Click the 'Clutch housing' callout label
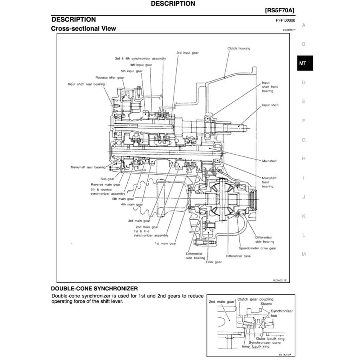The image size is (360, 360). pyautogui.click(x=239, y=48)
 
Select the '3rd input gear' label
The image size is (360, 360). pyautogui.click(x=187, y=53)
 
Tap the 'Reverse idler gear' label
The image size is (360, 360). pyautogui.click(x=110, y=77)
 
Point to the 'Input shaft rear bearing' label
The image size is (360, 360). pyautogui.click(x=86, y=84)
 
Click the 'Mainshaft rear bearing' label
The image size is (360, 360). pyautogui.click(x=88, y=167)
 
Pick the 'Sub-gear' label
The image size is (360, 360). pyautogui.click(x=107, y=179)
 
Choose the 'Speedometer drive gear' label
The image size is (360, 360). pyautogui.click(x=257, y=248)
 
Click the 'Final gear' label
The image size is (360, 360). pyautogui.click(x=213, y=262)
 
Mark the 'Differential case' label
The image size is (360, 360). pyautogui.click(x=238, y=256)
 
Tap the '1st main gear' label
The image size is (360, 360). pyautogui.click(x=166, y=243)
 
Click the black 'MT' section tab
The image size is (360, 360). pyautogui.click(x=303, y=63)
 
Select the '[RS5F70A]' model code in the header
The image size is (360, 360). pyautogui.click(x=279, y=11)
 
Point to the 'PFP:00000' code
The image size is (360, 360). pyautogui.click(x=285, y=20)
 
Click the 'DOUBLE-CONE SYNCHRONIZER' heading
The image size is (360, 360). pyautogui.click(x=94, y=289)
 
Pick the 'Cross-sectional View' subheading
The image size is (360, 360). pyautogui.click(x=83, y=28)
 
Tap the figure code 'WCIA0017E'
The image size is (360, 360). pyautogui.click(x=280, y=280)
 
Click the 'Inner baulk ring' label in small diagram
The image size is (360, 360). pyautogui.click(x=256, y=346)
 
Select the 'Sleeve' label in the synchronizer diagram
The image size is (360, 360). pyautogui.click(x=266, y=303)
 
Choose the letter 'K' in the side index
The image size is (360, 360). pyautogui.click(x=303, y=216)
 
